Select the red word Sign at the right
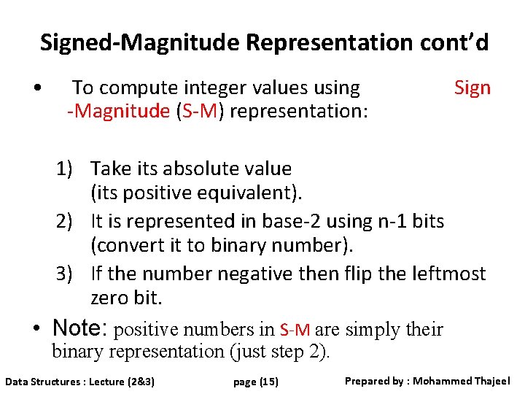tap(472, 88)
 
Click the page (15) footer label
tap(256, 382)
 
